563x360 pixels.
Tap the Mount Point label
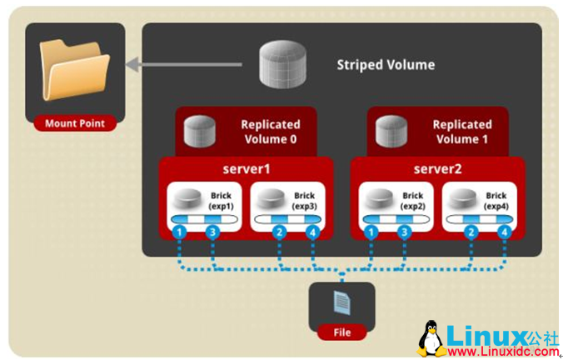(74, 124)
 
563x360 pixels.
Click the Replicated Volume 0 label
(268, 132)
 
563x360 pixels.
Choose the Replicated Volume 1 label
(461, 132)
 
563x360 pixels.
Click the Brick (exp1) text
(222, 201)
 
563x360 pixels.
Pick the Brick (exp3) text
(304, 201)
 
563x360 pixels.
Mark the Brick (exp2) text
(413, 201)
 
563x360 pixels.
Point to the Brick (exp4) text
(496, 201)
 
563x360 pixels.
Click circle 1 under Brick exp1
(177, 232)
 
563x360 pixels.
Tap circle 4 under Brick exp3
(312, 232)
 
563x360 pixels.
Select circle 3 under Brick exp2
(405, 232)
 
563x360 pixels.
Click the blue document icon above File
(341, 302)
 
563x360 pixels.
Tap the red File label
(341, 332)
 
